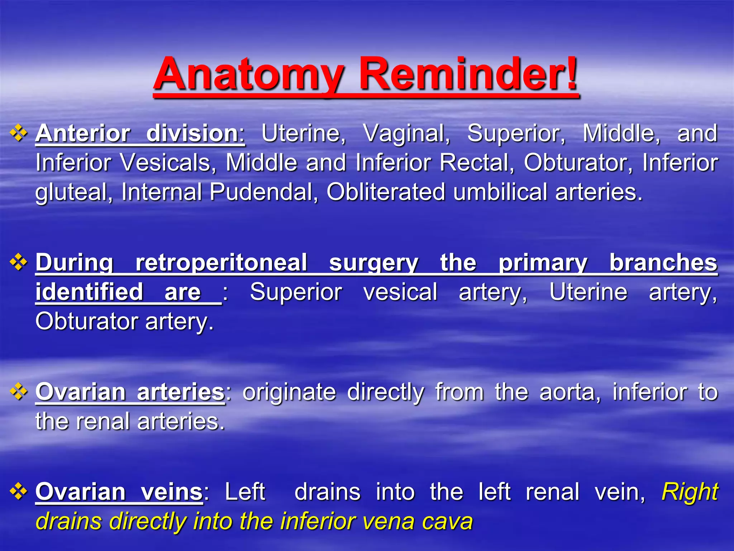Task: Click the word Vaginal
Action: point(406,134)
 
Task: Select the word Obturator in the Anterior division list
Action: point(578,163)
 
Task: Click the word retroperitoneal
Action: point(221,263)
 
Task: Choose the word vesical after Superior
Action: point(400,292)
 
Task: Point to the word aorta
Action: point(570,392)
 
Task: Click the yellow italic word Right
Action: point(690,491)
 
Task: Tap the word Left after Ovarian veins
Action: point(245,491)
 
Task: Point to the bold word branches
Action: point(663,263)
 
